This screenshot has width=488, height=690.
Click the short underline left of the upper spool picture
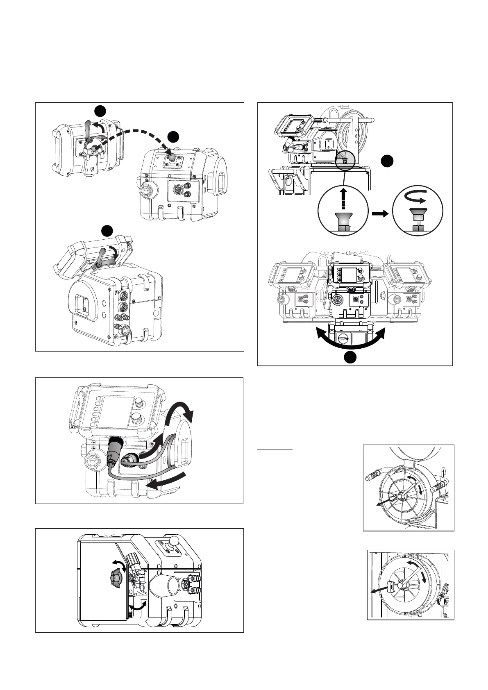tap(275, 449)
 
